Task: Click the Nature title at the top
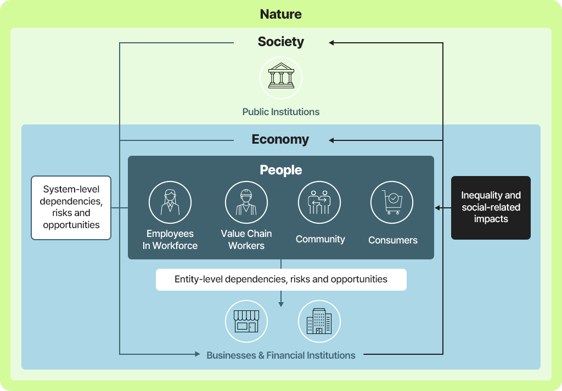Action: (x=280, y=14)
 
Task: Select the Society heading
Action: (x=280, y=42)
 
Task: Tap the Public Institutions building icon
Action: (x=281, y=77)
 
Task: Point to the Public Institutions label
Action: (x=280, y=112)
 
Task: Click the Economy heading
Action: (x=280, y=140)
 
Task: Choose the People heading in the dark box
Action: (x=280, y=170)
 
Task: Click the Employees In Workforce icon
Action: (x=170, y=202)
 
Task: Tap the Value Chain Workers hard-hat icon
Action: (x=246, y=202)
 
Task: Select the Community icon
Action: (x=319, y=202)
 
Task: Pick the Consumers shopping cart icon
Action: (x=392, y=202)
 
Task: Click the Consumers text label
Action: (x=392, y=240)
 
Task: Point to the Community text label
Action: (x=320, y=239)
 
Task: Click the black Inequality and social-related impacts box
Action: (x=491, y=207)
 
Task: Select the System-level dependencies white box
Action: (x=71, y=207)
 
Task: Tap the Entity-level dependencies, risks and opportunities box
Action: (x=281, y=279)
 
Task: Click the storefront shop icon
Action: (x=246, y=321)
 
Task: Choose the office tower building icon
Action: (x=319, y=321)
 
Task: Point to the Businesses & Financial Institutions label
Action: (x=280, y=355)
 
